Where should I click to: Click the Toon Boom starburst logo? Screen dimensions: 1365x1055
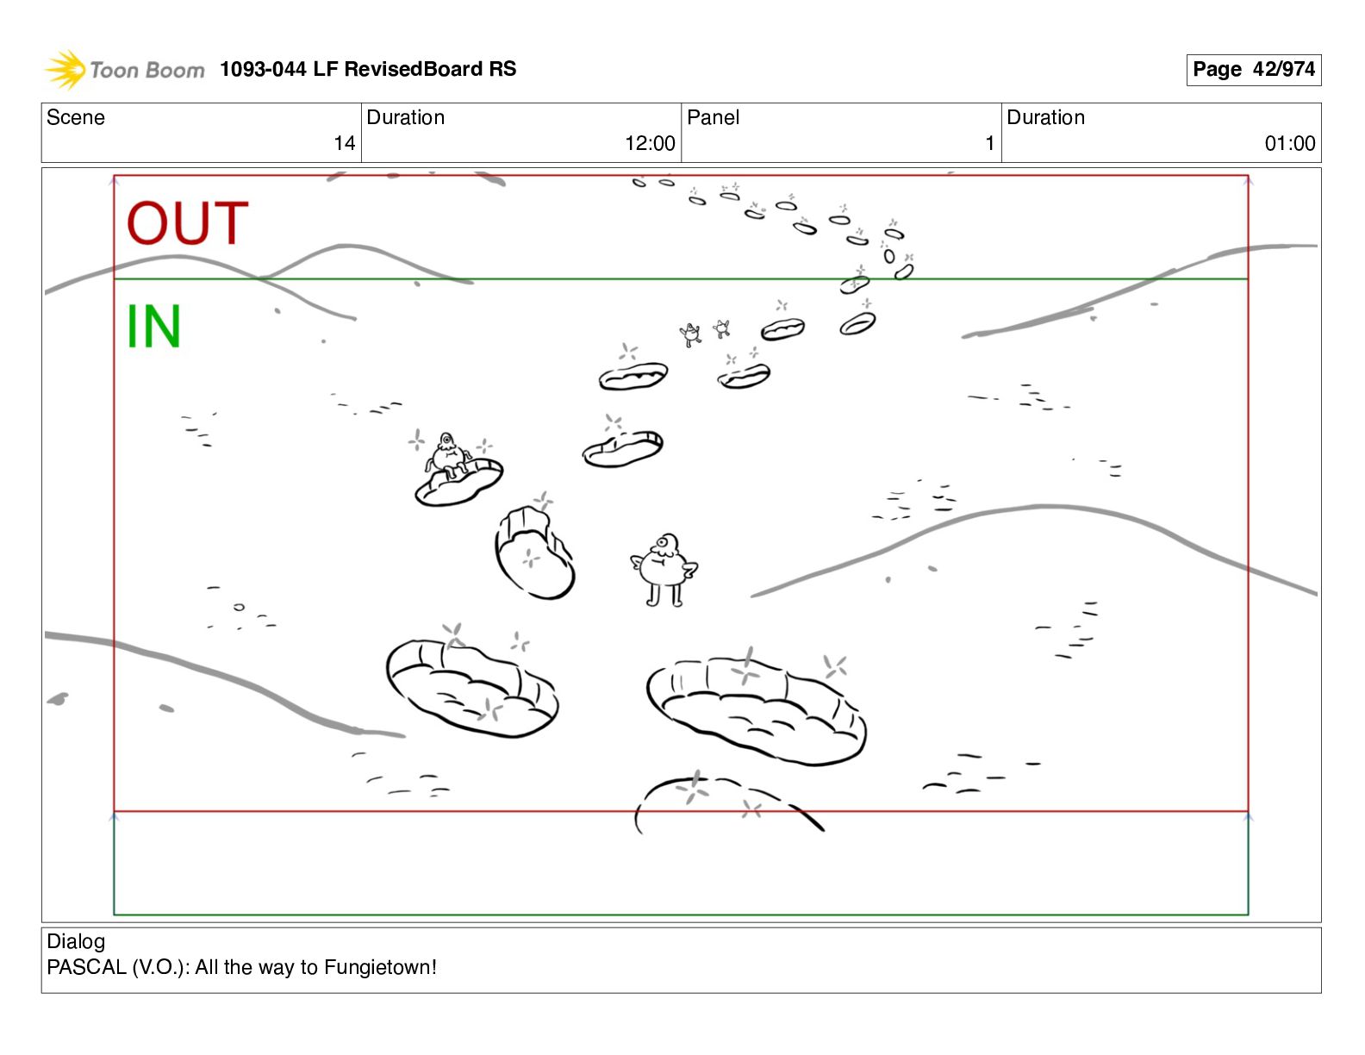coord(65,69)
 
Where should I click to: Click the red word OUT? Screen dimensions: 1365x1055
coord(188,223)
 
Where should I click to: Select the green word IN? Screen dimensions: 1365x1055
coord(154,326)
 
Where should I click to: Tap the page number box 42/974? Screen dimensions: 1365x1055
coord(1253,69)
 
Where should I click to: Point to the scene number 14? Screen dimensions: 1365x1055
coord(344,143)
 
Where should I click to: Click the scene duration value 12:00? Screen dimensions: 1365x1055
coord(650,143)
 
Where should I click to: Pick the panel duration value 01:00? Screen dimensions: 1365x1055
coord(1290,143)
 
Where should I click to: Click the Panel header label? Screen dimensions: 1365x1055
coord(713,117)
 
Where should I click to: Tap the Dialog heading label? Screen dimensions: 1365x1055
coord(76,941)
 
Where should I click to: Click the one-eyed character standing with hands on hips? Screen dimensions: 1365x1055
coord(664,570)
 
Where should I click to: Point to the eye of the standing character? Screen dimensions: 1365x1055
coord(663,542)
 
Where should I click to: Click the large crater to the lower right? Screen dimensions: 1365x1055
coord(757,711)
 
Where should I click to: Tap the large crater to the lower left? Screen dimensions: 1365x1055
coord(472,688)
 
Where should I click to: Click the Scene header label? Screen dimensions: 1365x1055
coord(76,117)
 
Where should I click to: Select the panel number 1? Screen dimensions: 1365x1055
coord(990,143)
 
